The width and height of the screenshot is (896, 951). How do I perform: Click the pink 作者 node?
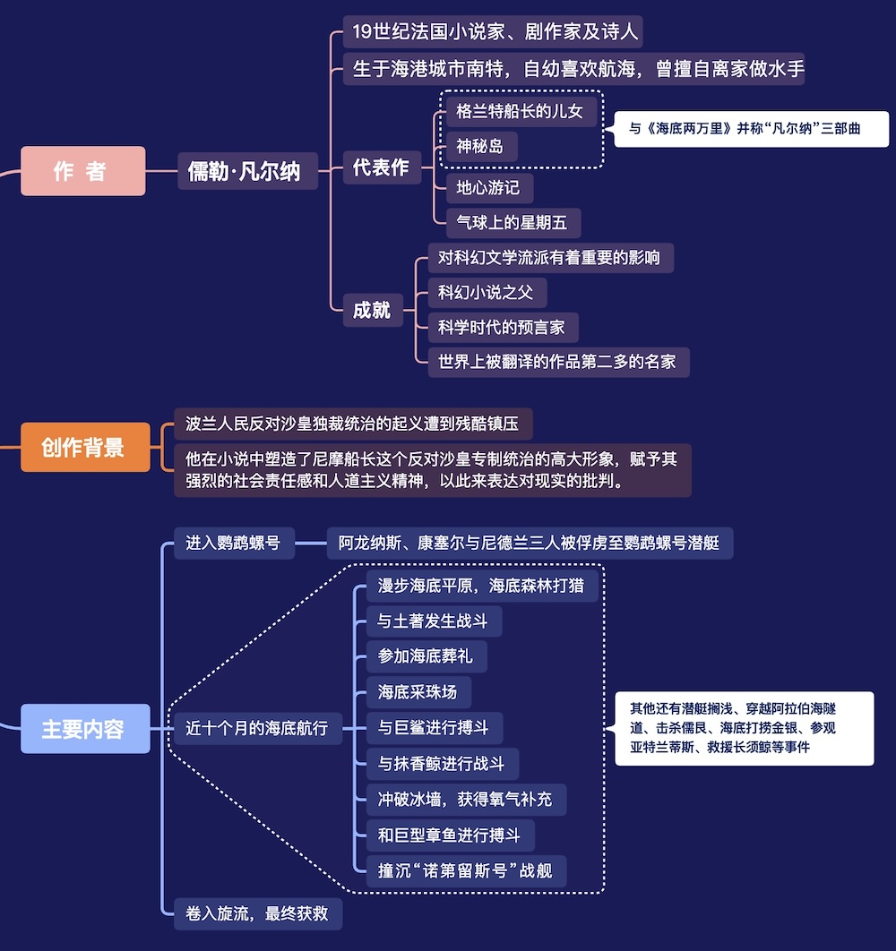83,171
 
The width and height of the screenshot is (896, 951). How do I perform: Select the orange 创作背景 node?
86,447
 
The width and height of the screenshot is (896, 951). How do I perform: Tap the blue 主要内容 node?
86,728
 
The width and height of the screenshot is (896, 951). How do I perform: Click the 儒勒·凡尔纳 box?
247,171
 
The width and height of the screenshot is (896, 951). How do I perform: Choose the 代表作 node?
382,167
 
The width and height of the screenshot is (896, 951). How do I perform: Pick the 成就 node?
373,310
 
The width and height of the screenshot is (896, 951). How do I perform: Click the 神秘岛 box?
481,146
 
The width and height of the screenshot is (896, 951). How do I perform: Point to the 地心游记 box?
489,188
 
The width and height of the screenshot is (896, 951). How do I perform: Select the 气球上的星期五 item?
513,223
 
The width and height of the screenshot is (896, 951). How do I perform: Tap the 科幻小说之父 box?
487,293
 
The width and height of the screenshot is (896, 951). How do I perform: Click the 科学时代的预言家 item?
504,328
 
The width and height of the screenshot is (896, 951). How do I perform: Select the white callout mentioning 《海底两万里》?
752,129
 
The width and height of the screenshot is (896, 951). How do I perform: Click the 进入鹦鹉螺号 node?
235,543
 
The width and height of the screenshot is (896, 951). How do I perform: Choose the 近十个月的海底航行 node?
258,728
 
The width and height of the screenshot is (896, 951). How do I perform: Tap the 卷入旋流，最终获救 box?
258,913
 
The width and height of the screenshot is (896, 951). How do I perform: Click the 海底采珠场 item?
418,692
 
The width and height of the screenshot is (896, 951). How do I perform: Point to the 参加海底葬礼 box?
426,656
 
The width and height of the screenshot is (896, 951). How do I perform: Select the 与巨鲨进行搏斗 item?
435,728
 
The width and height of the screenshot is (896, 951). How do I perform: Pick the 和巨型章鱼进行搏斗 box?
451,835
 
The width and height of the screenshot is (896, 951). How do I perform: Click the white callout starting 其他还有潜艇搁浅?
745,728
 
